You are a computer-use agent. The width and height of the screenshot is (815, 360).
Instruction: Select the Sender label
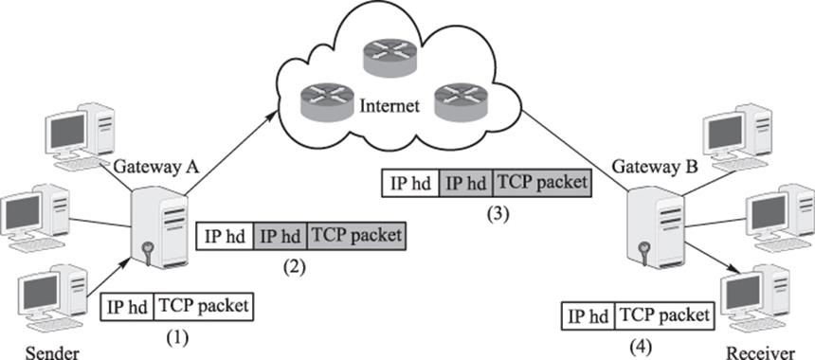(52, 353)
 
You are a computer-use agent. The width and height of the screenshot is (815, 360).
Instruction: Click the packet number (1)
(176, 338)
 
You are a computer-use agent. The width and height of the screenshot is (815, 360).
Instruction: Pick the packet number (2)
(294, 266)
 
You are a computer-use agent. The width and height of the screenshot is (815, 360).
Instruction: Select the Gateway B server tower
(655, 227)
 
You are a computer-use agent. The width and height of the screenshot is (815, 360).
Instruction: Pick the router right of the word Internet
(462, 100)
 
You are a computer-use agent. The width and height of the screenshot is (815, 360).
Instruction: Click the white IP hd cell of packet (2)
(225, 236)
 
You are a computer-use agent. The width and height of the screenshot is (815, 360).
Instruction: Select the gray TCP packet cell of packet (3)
(542, 184)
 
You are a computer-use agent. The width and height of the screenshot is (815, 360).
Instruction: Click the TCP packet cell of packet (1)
(204, 307)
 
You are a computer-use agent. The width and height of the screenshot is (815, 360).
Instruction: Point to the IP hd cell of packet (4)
(589, 315)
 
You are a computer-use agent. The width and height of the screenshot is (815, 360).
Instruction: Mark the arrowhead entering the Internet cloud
(272, 115)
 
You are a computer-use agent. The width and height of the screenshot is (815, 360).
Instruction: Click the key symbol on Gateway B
(645, 253)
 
